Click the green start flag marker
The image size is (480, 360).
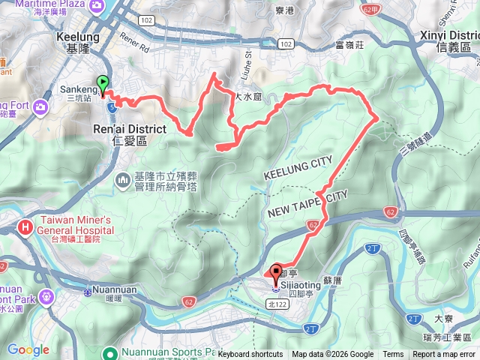[102, 84]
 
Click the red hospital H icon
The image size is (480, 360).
[25, 226]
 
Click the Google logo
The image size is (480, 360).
[28, 349]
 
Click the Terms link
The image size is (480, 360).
[393, 355]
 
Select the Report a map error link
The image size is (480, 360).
[445, 355]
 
